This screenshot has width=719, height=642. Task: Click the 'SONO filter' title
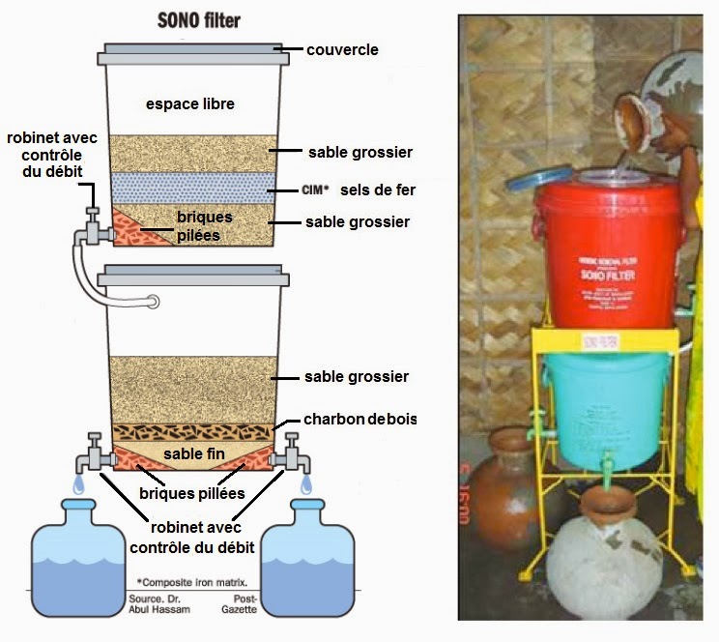198,18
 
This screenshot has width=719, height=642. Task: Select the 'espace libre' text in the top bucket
189,104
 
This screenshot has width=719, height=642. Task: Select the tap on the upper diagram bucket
93,228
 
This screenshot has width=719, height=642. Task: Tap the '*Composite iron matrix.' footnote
192,583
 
